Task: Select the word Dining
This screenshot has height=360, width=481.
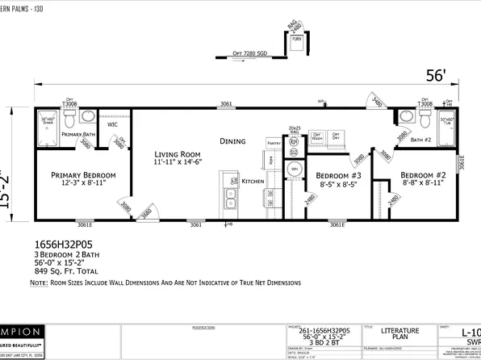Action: click(x=232, y=141)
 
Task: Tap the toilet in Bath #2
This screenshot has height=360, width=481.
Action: click(x=426, y=118)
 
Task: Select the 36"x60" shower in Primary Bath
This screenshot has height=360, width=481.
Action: click(x=47, y=124)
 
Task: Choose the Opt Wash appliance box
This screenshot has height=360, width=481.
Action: click(x=317, y=136)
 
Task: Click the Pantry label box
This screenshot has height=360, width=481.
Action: click(x=272, y=141)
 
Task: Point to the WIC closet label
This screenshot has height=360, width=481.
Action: click(x=112, y=125)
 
